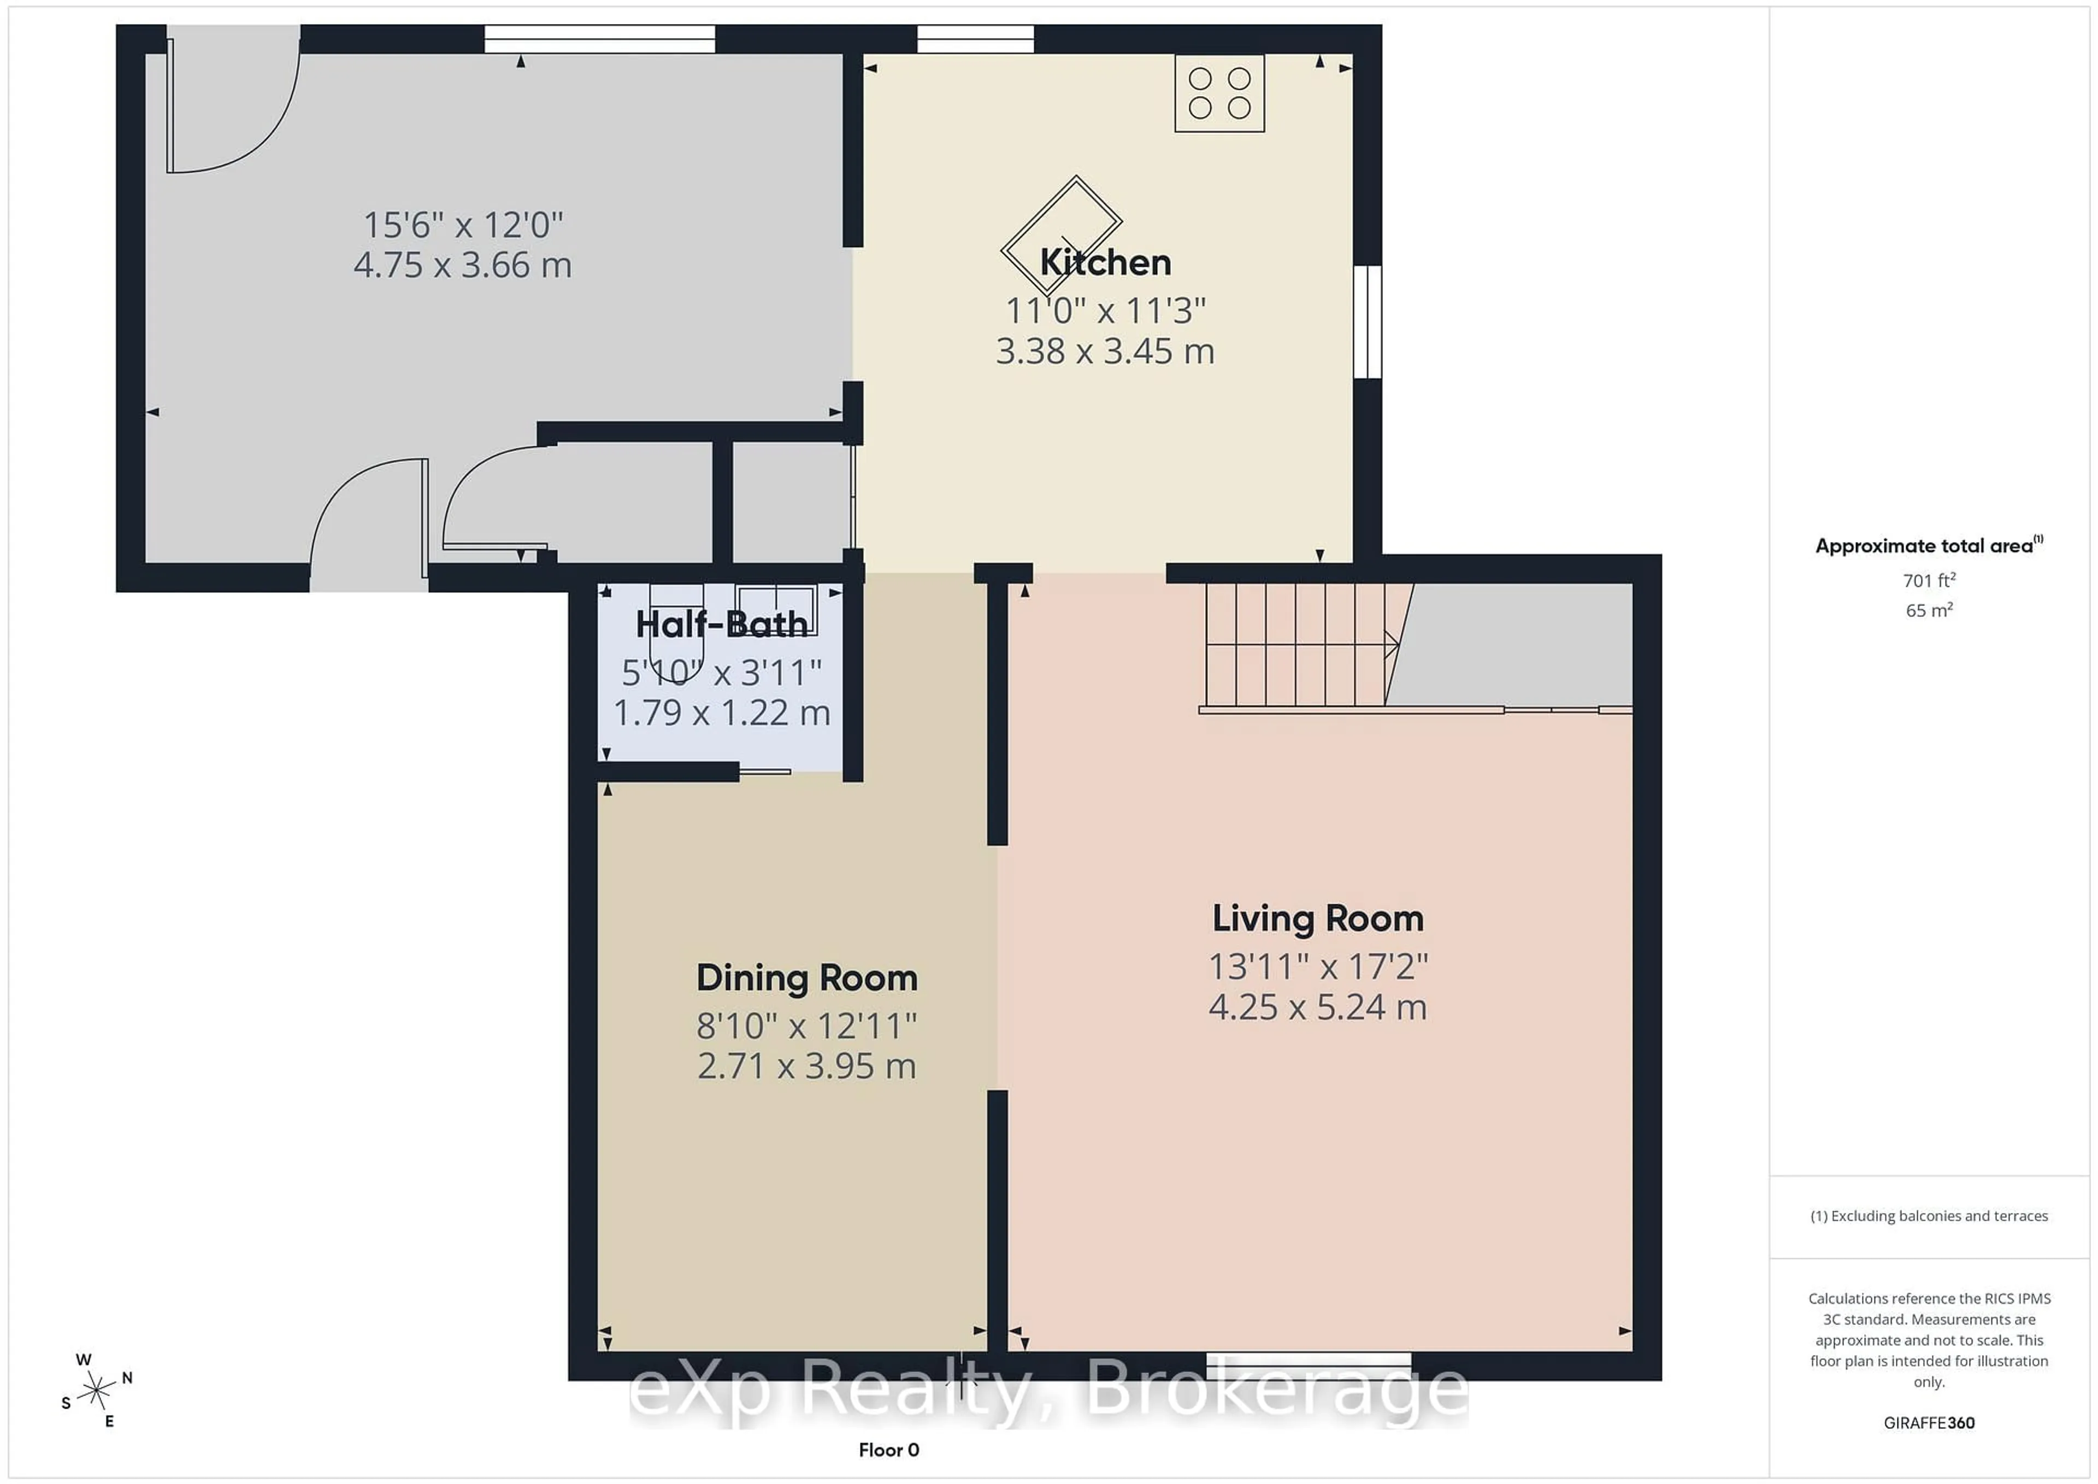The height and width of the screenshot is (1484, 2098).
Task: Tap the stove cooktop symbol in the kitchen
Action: [1219, 93]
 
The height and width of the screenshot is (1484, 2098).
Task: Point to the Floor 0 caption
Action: [888, 1450]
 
